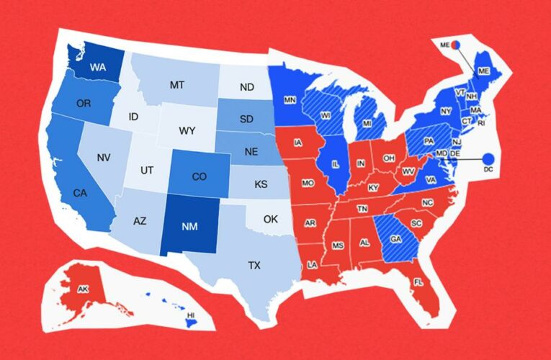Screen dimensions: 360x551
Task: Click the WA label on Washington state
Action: coord(99,67)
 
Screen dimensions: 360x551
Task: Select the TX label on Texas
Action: coord(254,265)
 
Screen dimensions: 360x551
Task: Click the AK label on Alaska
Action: coord(84,290)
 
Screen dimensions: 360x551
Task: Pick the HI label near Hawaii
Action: coord(190,316)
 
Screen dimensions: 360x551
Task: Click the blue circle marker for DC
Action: coord(488,158)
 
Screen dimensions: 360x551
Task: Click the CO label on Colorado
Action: coord(200,176)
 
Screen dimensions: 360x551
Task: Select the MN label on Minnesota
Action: coord(290,99)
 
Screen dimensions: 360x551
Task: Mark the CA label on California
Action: coord(81,193)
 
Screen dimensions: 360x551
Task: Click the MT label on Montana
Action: coord(177,85)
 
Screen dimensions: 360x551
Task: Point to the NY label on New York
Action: coord(445,112)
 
